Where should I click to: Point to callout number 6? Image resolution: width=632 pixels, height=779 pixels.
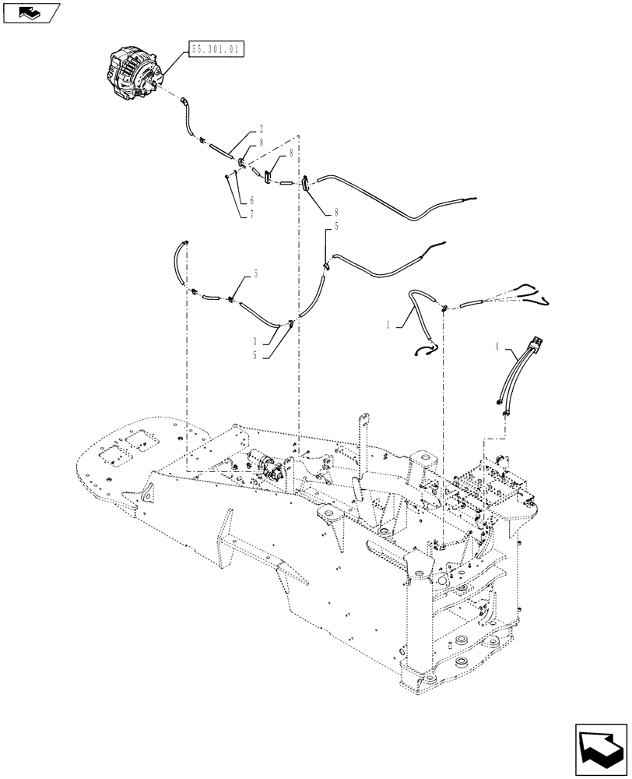pos(251,200)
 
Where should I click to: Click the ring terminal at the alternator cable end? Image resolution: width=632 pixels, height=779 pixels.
pos(184,100)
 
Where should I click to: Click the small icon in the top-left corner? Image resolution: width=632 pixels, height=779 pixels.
pos(30,12)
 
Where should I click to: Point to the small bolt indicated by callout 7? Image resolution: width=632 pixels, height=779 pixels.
pos(226,176)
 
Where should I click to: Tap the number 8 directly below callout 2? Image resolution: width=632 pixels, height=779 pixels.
pos(262,142)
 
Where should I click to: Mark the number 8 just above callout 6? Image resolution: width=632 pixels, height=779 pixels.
pos(291,153)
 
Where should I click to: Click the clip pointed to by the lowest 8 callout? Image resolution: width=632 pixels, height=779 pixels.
pos(305,183)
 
